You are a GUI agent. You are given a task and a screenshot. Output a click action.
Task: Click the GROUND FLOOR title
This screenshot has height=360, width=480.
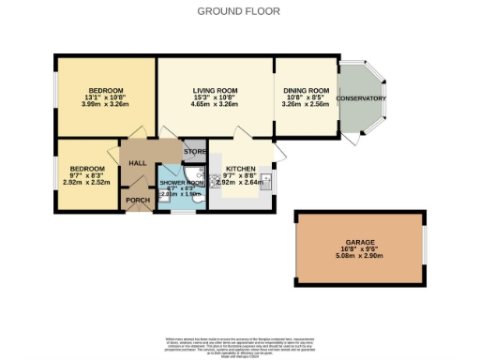pyautogui.click(x=239, y=11)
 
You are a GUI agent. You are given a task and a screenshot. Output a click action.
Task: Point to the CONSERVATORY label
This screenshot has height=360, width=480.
pyautogui.click(x=361, y=98)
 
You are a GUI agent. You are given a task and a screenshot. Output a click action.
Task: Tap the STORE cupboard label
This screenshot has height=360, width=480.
pyautogui.click(x=194, y=151)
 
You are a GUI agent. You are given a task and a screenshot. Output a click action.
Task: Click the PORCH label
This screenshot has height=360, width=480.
pyautogui.click(x=138, y=200)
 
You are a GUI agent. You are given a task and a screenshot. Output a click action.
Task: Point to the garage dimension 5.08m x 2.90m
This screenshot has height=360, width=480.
pyautogui.click(x=359, y=257)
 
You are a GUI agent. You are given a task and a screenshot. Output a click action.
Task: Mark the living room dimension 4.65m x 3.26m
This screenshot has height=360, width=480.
pyautogui.click(x=215, y=105)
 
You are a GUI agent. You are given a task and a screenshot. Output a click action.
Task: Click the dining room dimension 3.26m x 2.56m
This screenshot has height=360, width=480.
pyautogui.click(x=306, y=105)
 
